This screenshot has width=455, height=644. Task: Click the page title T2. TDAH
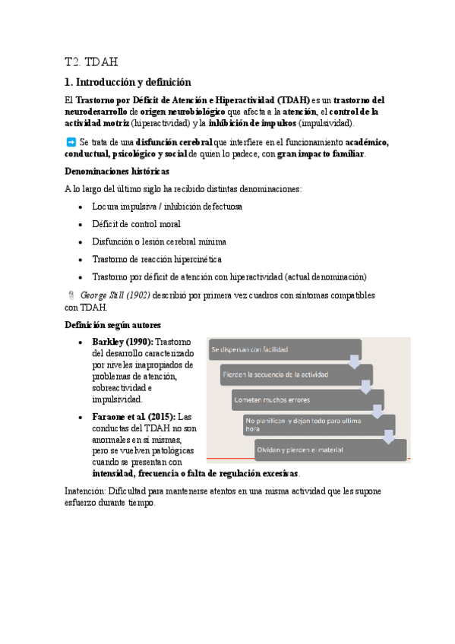coord(91,62)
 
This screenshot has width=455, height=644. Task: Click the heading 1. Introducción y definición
coord(128,82)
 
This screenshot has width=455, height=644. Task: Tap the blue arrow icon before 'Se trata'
coord(71,142)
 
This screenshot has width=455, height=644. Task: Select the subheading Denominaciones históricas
coord(117,172)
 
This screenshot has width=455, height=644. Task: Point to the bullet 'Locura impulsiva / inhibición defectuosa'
coord(167,207)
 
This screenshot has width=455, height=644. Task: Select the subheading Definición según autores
coord(112,325)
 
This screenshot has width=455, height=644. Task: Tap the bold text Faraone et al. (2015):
coord(134,417)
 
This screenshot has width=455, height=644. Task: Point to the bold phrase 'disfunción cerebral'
coord(174,142)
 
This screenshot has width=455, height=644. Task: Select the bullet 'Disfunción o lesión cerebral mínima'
coord(159,241)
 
